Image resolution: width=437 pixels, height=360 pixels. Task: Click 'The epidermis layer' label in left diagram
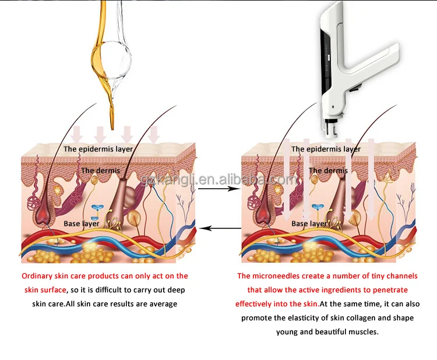(x=98, y=149)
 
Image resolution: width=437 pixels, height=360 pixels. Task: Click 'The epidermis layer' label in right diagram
(x=326, y=149)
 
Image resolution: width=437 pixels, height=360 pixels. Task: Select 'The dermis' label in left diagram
(x=100, y=171)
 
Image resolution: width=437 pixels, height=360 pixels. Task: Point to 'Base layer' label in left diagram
(x=82, y=224)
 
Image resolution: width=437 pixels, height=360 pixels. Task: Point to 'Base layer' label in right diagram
(x=309, y=224)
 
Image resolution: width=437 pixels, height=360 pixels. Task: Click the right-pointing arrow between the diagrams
(x=218, y=189)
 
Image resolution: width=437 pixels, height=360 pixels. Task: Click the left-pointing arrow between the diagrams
(x=218, y=229)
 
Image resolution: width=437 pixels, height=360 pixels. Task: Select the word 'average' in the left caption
(x=164, y=304)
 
